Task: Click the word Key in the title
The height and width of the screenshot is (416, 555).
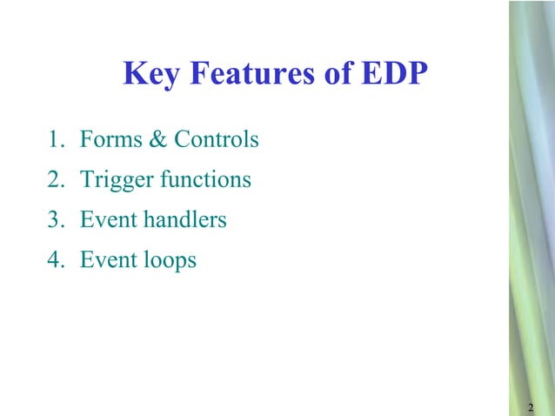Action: pyautogui.click(x=150, y=75)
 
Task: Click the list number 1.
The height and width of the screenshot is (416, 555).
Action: pyautogui.click(x=54, y=139)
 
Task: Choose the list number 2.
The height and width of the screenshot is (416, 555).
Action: pyautogui.click(x=54, y=180)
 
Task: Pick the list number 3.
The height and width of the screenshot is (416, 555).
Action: pyautogui.click(x=54, y=220)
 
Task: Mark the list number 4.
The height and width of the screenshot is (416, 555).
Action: pyautogui.click(x=54, y=260)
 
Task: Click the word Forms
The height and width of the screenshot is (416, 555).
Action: pyautogui.click(x=105, y=139)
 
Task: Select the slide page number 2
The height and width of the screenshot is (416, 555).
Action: pyautogui.click(x=531, y=408)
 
